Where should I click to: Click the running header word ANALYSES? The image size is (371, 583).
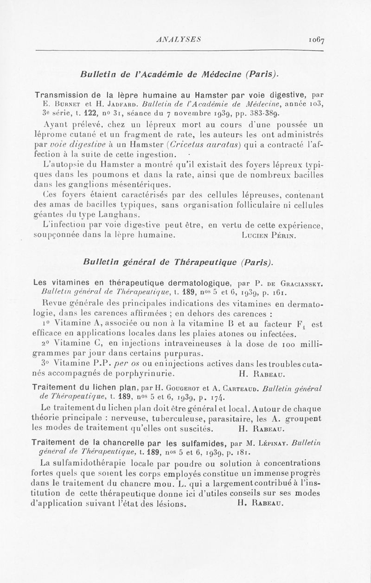[x=178, y=40]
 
